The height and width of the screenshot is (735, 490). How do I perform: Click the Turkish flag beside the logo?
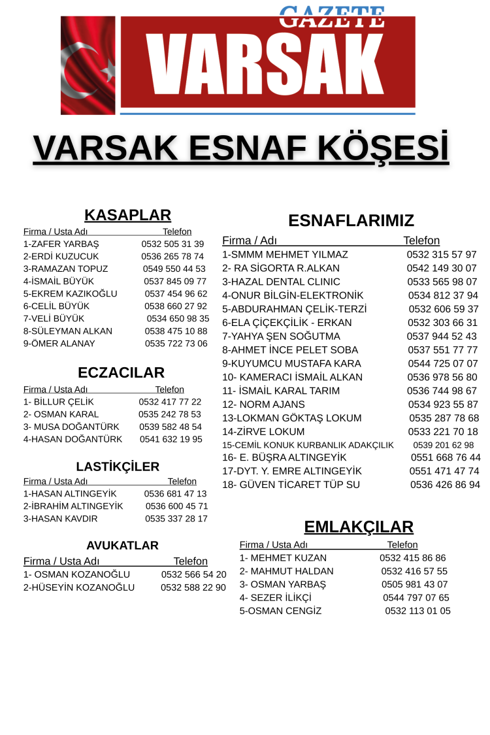[x=88, y=65]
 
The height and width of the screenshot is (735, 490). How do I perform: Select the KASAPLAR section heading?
[x=127, y=215]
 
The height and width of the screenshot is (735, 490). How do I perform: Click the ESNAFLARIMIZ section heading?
[x=351, y=220]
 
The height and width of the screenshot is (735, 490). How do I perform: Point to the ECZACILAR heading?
[x=121, y=372]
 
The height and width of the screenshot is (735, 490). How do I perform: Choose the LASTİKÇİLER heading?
[x=118, y=466]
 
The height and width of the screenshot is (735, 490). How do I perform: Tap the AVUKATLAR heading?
[x=122, y=545]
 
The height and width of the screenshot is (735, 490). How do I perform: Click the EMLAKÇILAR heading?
[x=359, y=527]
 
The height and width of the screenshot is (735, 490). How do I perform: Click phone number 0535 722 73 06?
[x=176, y=343]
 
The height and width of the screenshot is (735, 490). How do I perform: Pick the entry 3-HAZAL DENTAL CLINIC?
[x=281, y=282]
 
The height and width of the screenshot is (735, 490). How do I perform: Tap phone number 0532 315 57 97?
[x=442, y=254]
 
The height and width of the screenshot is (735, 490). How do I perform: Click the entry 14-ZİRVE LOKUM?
[x=263, y=432]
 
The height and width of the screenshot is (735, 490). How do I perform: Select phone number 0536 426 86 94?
[x=445, y=485]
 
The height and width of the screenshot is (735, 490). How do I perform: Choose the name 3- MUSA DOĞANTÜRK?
[x=71, y=427]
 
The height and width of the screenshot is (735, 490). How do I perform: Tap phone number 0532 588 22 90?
[x=193, y=587]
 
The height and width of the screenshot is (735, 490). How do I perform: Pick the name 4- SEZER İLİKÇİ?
[x=275, y=597]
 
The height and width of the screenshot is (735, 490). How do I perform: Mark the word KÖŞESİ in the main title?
[x=381, y=148]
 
